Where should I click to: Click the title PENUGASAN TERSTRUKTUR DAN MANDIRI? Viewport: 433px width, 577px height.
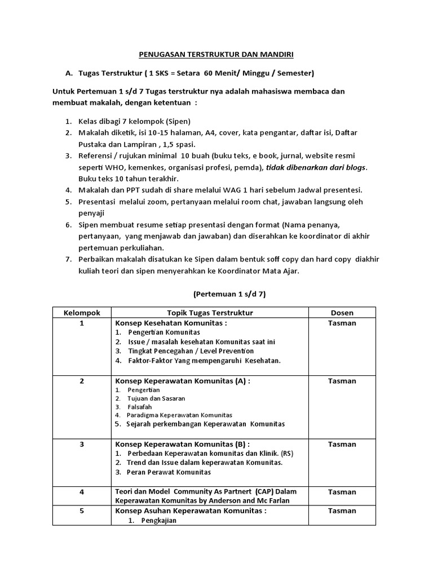pos(217,55)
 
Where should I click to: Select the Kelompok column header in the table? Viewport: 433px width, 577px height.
pos(82,313)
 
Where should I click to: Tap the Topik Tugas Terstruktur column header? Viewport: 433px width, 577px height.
pos(210,313)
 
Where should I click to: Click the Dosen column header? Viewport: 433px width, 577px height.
pos(342,313)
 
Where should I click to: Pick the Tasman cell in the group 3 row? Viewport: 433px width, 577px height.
pos(342,444)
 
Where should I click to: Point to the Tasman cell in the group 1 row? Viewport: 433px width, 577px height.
pos(342,323)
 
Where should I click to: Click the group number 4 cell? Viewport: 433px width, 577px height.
pos(82,492)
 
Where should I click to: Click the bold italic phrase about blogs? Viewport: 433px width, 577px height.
pos(316,167)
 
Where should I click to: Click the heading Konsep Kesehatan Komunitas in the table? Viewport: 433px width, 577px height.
pos(171,323)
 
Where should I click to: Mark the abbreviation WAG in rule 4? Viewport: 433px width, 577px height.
pos(212,190)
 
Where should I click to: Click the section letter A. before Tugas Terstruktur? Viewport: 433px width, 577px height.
pos(69,73)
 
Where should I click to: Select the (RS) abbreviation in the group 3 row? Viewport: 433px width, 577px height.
pos(287,454)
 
